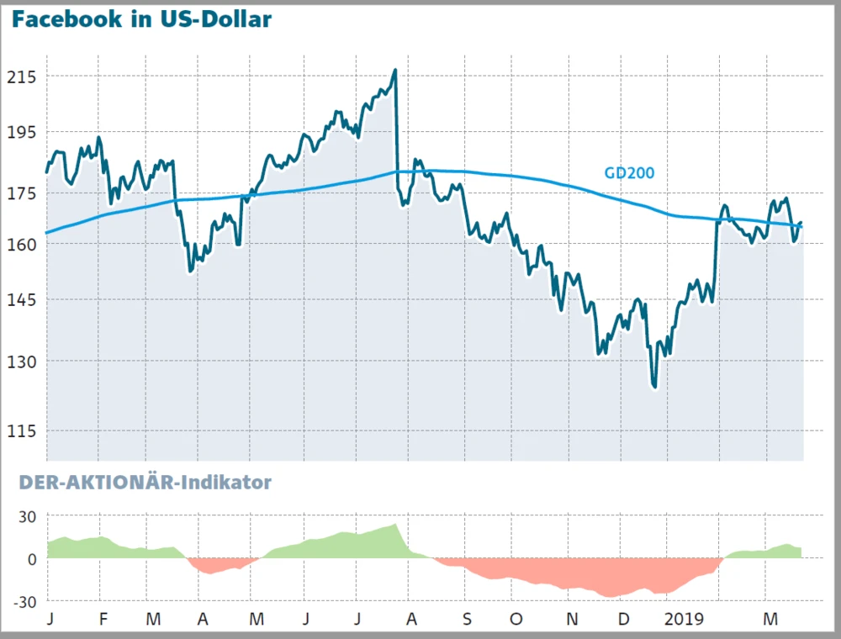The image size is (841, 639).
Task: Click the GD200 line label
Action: tap(629, 173)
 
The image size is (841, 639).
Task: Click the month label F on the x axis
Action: tap(103, 620)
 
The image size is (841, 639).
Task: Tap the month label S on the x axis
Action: tap(466, 620)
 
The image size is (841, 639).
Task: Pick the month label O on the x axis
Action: tap(516, 620)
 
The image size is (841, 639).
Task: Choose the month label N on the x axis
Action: tap(572, 620)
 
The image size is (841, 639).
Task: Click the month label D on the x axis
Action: tap(623, 620)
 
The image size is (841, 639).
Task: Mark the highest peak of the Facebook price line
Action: tap(394, 71)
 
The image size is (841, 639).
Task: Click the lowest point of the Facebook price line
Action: tap(653, 387)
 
